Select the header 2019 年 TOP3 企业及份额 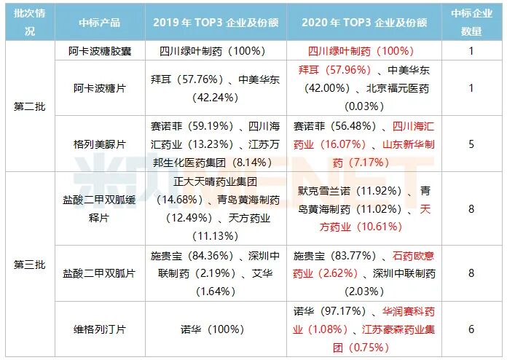click(216, 22)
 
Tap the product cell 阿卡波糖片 click(100, 87)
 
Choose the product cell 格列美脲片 click(100, 144)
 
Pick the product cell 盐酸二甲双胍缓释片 click(100, 208)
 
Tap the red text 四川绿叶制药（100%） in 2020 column click(354, 51)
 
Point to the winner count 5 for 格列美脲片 click(471, 144)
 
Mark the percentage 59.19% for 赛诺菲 click(208, 127)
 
